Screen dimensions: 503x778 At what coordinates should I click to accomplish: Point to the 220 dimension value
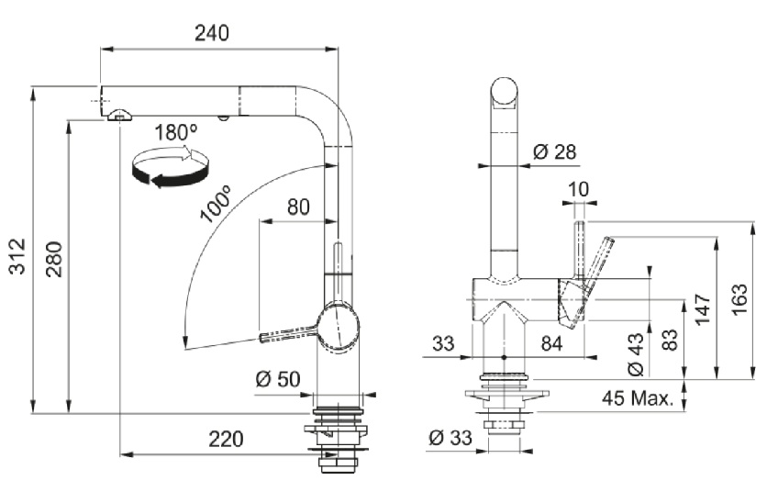coord(226,440)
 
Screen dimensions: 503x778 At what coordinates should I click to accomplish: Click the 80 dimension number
coord(297,207)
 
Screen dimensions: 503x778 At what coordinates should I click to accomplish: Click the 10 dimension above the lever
coord(579,190)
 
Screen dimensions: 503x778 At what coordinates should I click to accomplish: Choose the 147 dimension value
coord(704,310)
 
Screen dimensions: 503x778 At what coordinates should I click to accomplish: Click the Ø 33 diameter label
coord(450,439)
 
